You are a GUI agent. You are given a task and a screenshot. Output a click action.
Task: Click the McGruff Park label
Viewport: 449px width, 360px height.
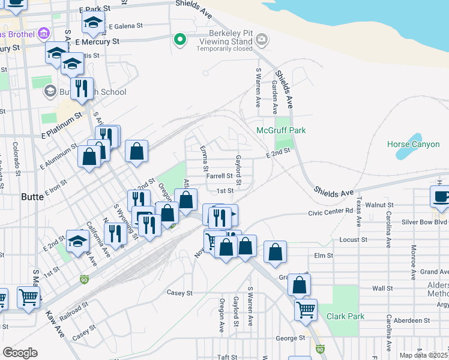[281, 130]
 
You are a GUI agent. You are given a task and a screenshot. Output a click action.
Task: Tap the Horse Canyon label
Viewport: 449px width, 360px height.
[414, 145]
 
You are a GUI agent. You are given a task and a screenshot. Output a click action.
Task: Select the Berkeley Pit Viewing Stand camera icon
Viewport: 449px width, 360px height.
[261, 40]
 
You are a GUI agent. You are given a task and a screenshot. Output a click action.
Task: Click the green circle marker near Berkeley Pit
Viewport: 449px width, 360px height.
[179, 40]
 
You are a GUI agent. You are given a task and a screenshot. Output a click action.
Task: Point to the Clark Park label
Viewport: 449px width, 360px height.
[345, 316]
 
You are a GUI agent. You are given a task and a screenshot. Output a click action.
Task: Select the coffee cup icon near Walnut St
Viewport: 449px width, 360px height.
[441, 197]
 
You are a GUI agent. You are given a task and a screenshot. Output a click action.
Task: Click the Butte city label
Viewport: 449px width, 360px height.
[32, 197]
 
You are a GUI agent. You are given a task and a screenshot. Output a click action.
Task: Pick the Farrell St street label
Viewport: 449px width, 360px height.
[219, 176]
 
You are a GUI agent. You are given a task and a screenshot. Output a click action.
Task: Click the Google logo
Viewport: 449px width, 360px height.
[19, 352]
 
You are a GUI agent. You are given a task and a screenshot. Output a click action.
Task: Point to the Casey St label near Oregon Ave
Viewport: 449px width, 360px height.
[179, 293]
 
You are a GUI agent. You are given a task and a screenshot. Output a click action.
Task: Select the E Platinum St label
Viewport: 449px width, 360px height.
[61, 125]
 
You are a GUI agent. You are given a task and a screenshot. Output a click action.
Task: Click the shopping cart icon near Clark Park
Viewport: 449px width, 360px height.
[306, 310]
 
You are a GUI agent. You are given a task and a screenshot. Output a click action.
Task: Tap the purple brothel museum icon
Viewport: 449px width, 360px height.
[43, 32]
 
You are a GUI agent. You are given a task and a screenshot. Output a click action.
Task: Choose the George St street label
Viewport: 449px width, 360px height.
[287, 338]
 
